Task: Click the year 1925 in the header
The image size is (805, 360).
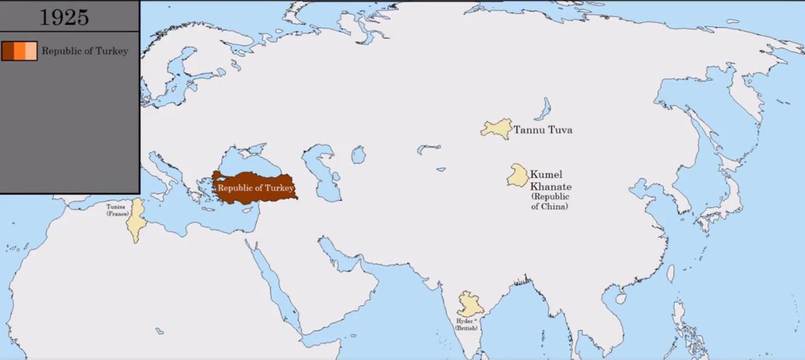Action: pyautogui.click(x=64, y=16)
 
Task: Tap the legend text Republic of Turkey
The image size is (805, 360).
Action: pyautogui.click(x=85, y=51)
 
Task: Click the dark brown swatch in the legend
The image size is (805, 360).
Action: pyautogui.click(x=7, y=51)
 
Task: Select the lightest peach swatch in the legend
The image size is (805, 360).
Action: pyautogui.click(x=31, y=51)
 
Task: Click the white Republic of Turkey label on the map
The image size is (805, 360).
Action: pyautogui.click(x=255, y=188)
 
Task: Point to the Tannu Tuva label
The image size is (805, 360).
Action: pyautogui.click(x=542, y=130)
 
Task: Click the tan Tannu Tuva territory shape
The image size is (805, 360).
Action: pyautogui.click(x=495, y=128)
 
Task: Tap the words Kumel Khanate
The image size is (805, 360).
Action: pyautogui.click(x=549, y=179)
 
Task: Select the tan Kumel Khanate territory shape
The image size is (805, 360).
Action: pyautogui.click(x=518, y=175)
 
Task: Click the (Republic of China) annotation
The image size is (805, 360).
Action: pyautogui.click(x=550, y=201)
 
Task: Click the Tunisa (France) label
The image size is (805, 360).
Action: pyautogui.click(x=115, y=210)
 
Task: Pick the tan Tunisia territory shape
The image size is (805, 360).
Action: pyautogui.click(x=138, y=218)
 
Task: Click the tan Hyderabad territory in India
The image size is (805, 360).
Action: pyautogui.click(x=469, y=305)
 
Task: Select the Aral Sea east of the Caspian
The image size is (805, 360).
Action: pyautogui.click(x=359, y=155)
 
